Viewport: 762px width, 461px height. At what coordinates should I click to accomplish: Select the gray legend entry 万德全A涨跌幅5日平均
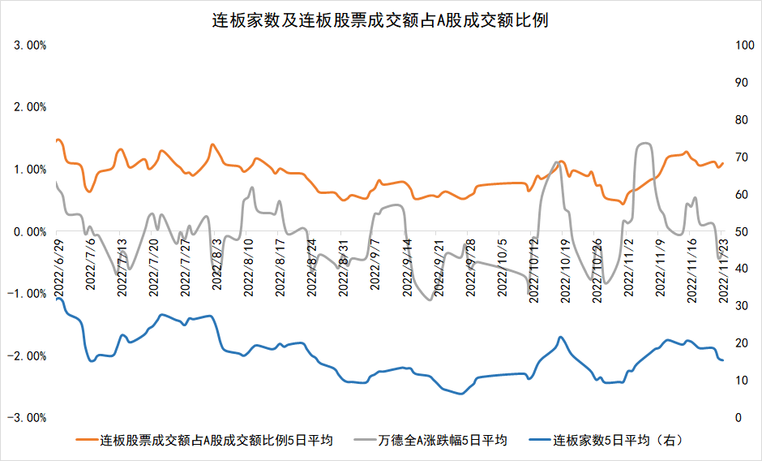click(x=442, y=441)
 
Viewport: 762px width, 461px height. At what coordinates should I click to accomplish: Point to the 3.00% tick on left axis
click(x=31, y=45)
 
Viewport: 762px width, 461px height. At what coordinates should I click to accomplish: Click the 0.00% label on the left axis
click(x=31, y=231)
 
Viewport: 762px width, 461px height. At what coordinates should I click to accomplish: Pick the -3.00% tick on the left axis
click(x=29, y=418)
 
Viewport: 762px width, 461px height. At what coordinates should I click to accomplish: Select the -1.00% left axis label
click(x=29, y=294)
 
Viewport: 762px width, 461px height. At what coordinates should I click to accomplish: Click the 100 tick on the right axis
click(x=744, y=45)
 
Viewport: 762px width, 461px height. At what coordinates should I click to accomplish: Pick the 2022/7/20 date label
click(x=153, y=271)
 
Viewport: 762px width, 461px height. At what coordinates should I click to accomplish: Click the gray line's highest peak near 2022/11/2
click(x=645, y=144)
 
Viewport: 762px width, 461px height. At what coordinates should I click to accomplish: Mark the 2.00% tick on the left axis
click(x=31, y=107)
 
